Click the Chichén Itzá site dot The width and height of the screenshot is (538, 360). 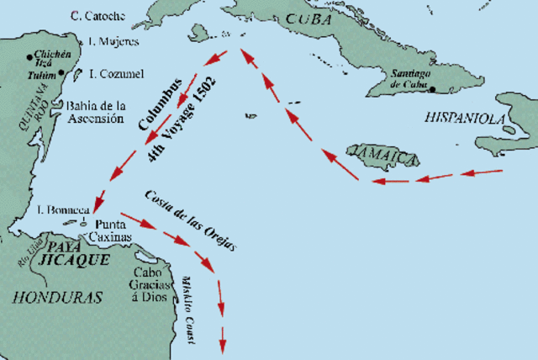29,56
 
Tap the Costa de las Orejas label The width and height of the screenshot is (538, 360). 189,221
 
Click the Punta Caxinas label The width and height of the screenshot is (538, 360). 111,232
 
